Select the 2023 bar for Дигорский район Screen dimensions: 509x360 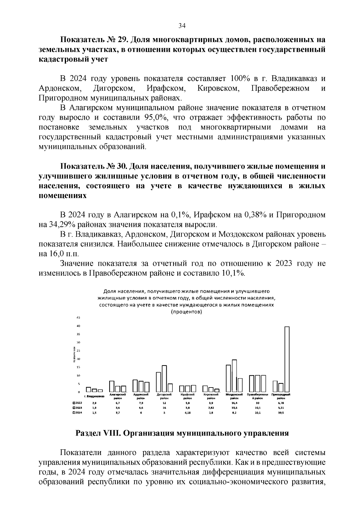tap(164, 378)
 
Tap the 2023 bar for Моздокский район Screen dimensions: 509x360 tap(234, 376)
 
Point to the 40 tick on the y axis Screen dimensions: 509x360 tap(78, 326)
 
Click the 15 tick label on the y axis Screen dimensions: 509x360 tap(78, 367)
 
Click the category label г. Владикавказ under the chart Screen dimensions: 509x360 tap(94, 396)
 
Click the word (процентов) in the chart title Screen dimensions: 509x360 tap(186, 312)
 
